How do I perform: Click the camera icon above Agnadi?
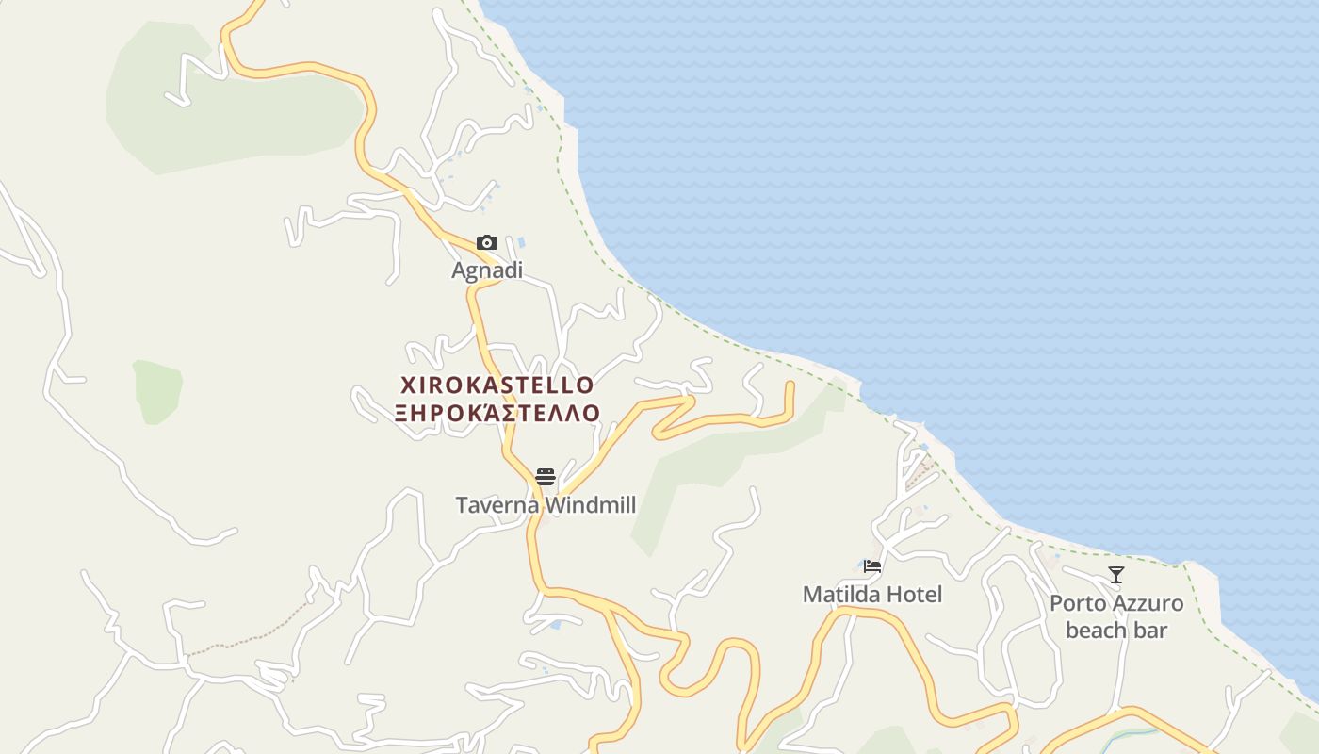point(486,243)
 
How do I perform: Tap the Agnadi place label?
point(486,270)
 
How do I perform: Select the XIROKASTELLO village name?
point(497,385)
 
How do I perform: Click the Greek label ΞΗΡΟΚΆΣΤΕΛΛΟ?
point(497,413)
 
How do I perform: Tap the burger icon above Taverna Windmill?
point(545,477)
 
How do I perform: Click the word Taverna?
point(497,505)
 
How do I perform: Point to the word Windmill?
point(591,505)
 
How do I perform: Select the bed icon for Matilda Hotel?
point(872,566)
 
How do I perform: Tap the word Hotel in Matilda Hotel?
point(913,595)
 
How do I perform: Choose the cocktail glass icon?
point(1116,574)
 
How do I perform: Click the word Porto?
point(1081,603)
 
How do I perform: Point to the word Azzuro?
point(1150,603)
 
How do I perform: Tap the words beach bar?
point(1116,631)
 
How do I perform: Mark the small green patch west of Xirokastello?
point(158,390)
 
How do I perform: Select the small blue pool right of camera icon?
point(520,243)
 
